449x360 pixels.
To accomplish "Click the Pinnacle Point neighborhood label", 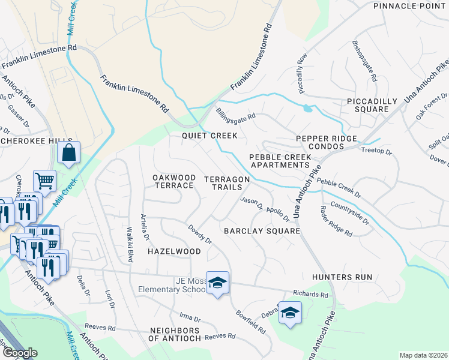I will pyautogui.click(x=411, y=6).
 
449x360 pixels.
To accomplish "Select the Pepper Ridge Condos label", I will pyautogui.click(x=326, y=142).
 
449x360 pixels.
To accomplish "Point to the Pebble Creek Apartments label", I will pyautogui.click(x=280, y=161).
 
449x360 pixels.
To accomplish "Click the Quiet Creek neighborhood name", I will pyautogui.click(x=210, y=136).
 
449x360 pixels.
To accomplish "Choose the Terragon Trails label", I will pyautogui.click(x=226, y=183).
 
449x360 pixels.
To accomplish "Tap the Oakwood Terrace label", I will pyautogui.click(x=173, y=181).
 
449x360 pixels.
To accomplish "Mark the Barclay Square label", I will pyautogui.click(x=261, y=231).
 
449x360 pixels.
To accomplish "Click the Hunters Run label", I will pyautogui.click(x=342, y=277).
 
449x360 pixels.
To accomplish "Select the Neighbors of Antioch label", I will pyautogui.click(x=174, y=335).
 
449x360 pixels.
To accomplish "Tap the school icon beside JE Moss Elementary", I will pyautogui.click(x=217, y=282).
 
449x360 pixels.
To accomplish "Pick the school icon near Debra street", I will pyautogui.click(x=290, y=313).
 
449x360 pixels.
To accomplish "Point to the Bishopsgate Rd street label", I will pyautogui.click(x=364, y=61).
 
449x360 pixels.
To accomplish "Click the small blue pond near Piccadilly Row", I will pyautogui.click(x=308, y=109).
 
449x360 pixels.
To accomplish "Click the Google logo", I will pyautogui.click(x=19, y=353).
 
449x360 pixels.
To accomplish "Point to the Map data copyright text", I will pyautogui.click(x=423, y=355).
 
